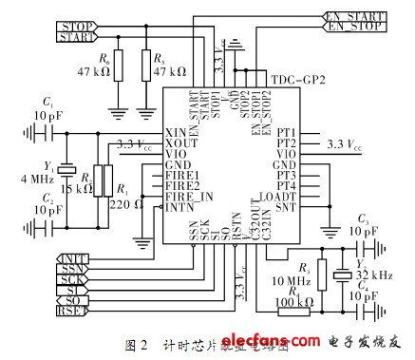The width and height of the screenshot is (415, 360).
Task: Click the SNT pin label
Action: point(286,207)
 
